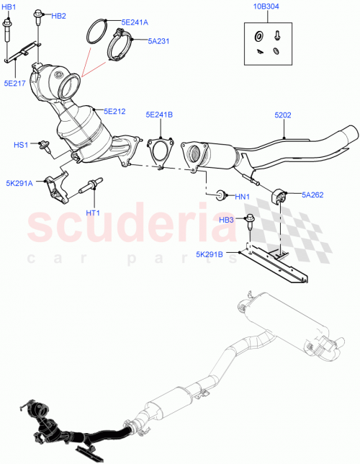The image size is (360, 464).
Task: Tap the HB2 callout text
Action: click(x=58, y=16)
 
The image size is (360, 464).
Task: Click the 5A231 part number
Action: click(x=158, y=41)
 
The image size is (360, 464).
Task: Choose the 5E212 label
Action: click(x=114, y=111)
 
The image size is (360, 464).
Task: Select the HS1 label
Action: click(x=21, y=145)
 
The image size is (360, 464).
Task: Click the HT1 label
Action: click(x=94, y=213)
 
